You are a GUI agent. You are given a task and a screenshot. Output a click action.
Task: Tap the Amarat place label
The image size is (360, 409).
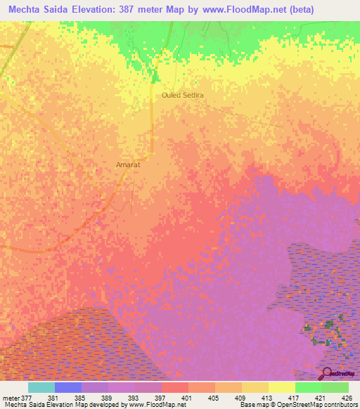(129, 165)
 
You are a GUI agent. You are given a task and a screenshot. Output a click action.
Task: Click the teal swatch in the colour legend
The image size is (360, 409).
(41, 387)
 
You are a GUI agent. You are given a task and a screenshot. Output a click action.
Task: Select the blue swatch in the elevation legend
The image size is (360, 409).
(67, 387)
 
